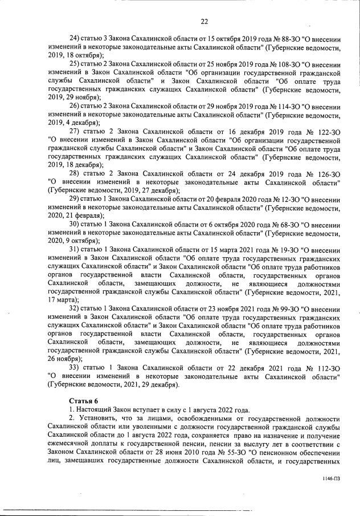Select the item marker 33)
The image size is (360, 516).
point(76,367)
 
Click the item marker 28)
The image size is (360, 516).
point(76,173)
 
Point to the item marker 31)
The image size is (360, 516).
point(76,249)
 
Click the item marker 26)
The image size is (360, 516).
point(76,106)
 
